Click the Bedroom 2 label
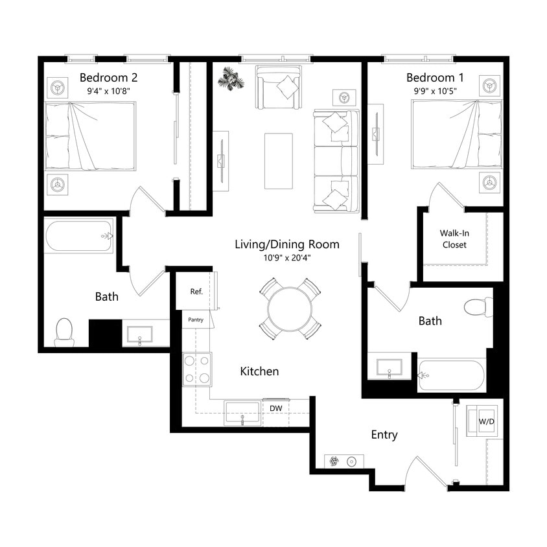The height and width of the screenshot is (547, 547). (108, 77)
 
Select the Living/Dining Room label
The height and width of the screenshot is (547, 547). (286, 244)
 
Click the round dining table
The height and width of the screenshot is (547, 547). (290, 308)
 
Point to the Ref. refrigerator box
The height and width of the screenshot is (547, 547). (196, 292)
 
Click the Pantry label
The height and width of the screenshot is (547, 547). (196, 320)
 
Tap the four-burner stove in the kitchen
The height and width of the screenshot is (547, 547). (197, 369)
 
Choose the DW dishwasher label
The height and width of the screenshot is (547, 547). (276, 408)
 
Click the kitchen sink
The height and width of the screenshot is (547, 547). (242, 412)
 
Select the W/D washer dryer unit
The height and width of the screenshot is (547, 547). (485, 421)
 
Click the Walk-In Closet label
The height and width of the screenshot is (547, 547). (454, 239)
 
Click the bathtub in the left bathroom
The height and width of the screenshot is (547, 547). (79, 237)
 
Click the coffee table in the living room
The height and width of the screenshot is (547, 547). (278, 161)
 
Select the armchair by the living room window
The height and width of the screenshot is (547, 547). (278, 88)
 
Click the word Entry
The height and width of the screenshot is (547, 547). (384, 435)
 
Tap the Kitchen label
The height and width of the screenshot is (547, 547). (259, 371)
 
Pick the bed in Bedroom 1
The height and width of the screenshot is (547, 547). (456, 134)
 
